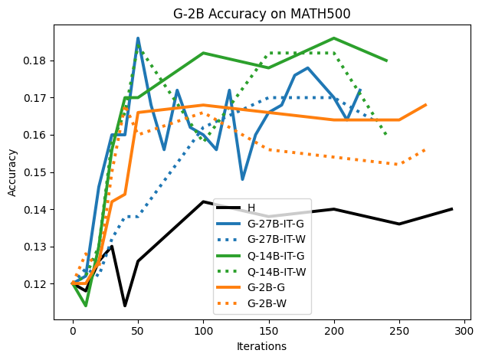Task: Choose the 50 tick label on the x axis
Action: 138,331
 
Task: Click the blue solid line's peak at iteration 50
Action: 138,38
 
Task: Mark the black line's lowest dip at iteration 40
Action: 125,306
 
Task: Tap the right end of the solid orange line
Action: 425,105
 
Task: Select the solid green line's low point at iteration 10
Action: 86,306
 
